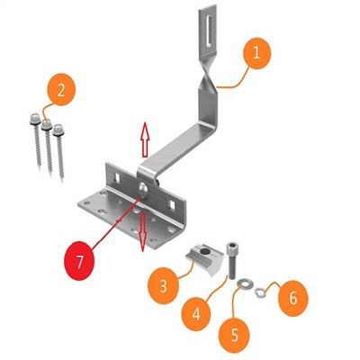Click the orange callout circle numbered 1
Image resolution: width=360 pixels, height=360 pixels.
tap(256, 54)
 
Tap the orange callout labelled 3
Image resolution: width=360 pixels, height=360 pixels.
tap(164, 286)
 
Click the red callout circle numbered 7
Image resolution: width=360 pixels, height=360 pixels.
tap(80, 264)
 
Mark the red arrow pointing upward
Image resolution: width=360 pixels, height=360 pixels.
tap(141, 140)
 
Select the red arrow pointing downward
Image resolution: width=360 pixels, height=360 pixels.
tap(142, 231)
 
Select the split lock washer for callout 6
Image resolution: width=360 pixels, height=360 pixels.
tap(260, 290)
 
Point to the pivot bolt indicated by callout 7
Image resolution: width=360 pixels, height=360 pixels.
tap(143, 186)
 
